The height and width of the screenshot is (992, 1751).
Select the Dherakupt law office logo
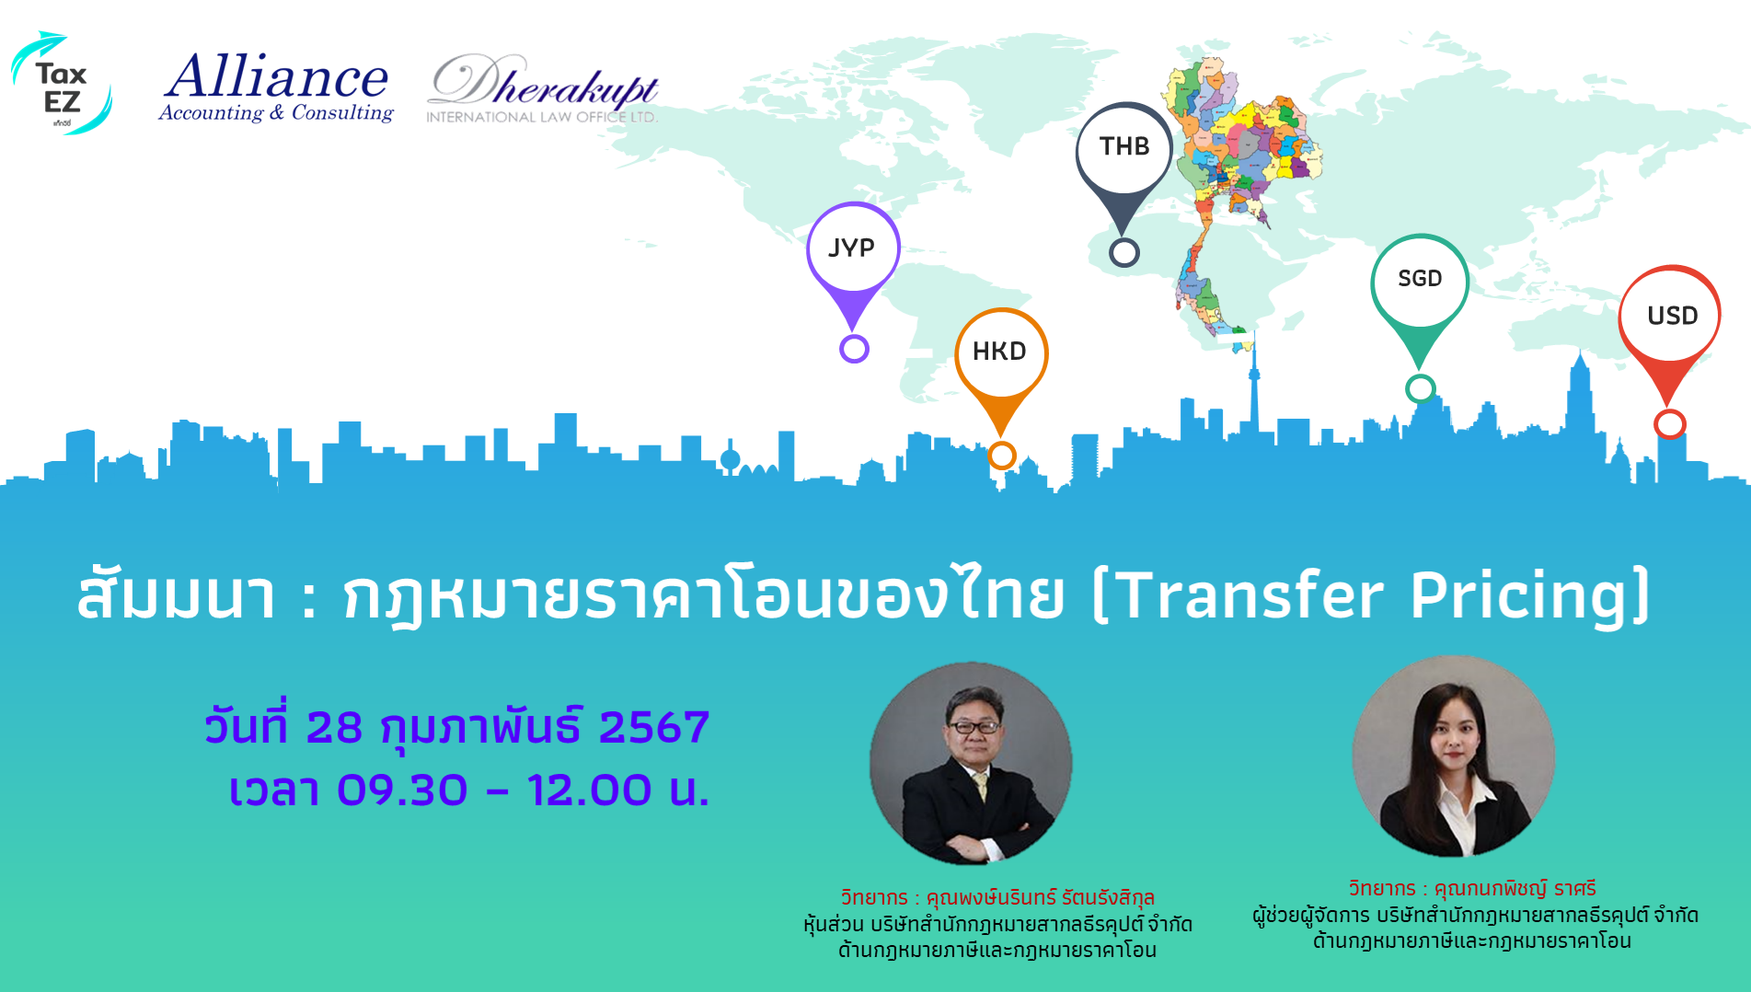[x=543, y=88]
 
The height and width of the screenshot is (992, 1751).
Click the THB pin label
[x=1124, y=146]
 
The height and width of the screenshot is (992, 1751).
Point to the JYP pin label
[x=851, y=248]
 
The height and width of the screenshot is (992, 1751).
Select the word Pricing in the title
[x=1519, y=596]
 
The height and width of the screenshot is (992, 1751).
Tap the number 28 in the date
[x=334, y=727]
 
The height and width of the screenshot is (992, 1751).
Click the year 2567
[x=654, y=727]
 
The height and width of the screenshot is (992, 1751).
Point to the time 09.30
[x=402, y=790]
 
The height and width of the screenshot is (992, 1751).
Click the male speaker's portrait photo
[x=971, y=763]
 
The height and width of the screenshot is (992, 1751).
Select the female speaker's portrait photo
[x=1453, y=756]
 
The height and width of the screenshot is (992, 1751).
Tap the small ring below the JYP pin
[x=854, y=349]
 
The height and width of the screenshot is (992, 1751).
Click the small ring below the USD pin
[x=1669, y=424]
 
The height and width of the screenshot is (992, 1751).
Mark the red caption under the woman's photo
[x=1472, y=889]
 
